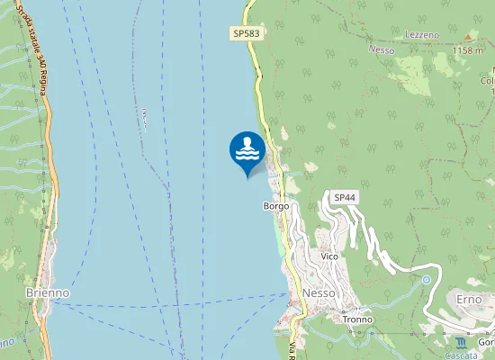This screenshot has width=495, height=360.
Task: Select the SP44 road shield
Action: (x=345, y=197)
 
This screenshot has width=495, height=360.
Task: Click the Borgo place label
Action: (x=275, y=206)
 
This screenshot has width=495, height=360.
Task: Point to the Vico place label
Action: (x=328, y=256)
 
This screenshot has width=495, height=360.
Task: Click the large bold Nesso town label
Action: (x=319, y=294)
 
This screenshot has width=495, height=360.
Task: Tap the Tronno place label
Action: (x=357, y=319)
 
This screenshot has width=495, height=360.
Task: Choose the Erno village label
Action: (x=469, y=299)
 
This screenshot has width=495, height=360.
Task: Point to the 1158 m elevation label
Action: (x=467, y=51)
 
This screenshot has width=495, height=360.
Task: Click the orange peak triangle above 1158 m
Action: (x=468, y=37)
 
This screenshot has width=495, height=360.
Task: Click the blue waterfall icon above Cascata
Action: (x=461, y=343)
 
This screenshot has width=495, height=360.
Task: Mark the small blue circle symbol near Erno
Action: (x=426, y=280)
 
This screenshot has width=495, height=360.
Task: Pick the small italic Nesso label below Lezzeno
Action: (x=382, y=50)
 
